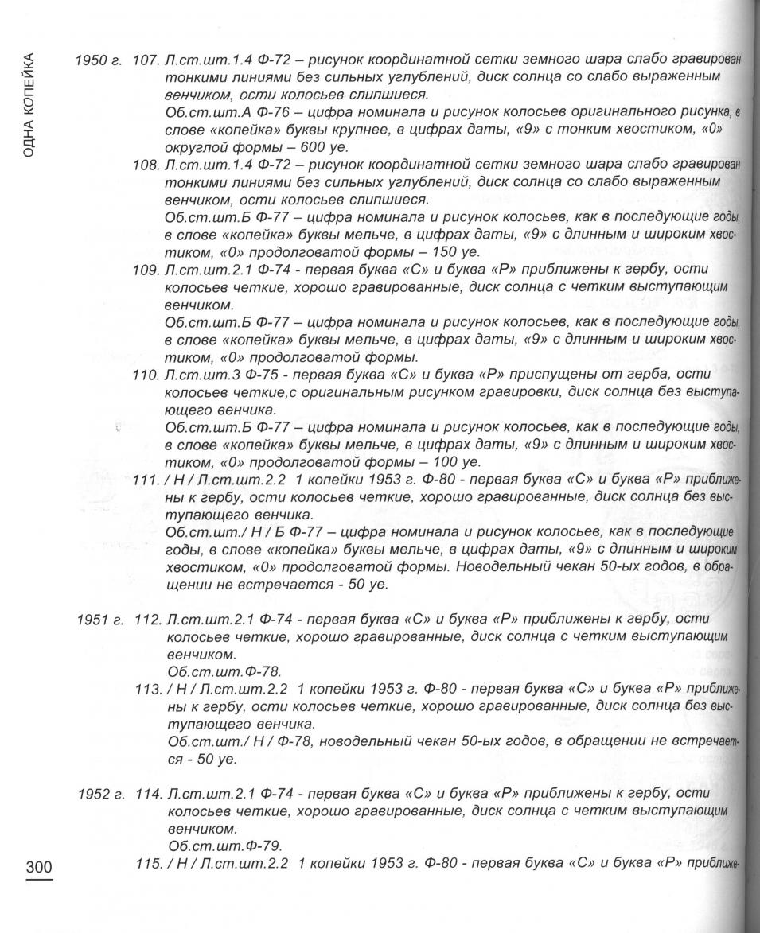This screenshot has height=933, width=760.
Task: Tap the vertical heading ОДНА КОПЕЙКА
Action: (x=29, y=103)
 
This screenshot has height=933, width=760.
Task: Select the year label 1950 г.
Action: (x=99, y=61)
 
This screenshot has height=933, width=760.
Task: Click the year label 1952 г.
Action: (x=100, y=795)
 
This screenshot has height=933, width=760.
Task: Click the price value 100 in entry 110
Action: (x=434, y=462)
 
